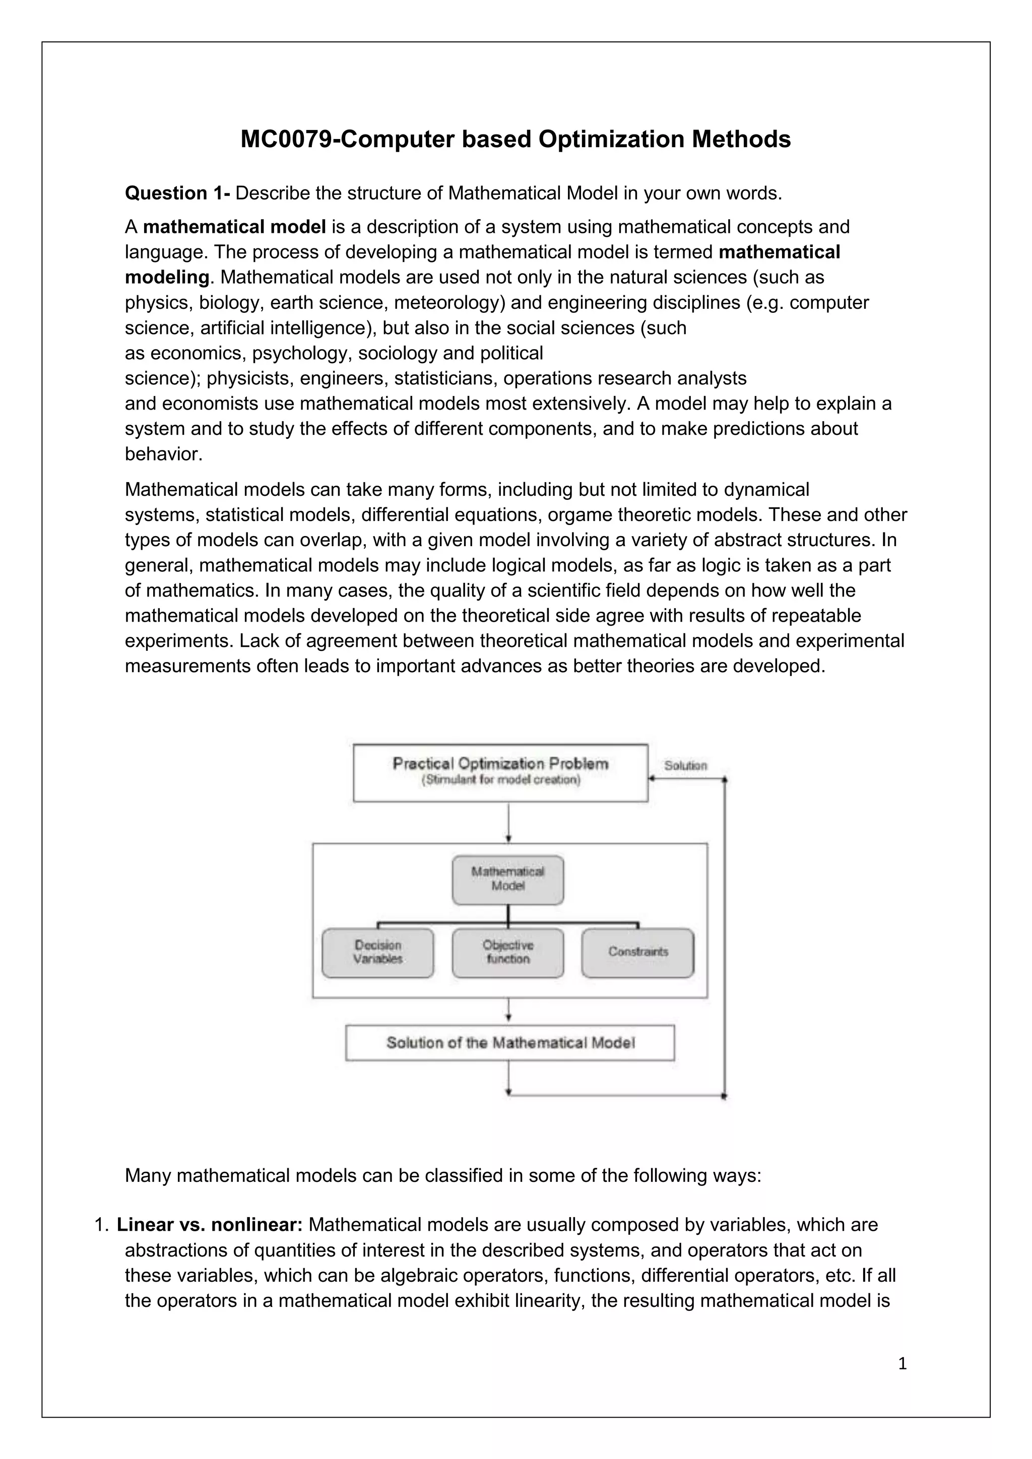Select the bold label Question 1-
click(177, 193)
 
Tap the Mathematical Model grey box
click(508, 880)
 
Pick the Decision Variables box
click(378, 953)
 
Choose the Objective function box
click(508, 953)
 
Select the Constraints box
click(638, 953)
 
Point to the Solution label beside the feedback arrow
click(685, 766)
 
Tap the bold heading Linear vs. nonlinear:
click(210, 1225)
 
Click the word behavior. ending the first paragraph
click(163, 454)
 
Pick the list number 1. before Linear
click(102, 1225)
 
